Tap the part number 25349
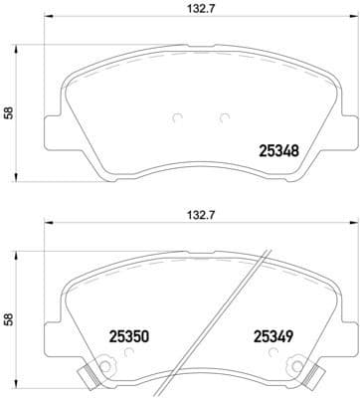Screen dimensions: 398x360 coord(272,337)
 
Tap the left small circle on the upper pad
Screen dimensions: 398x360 coord(176,118)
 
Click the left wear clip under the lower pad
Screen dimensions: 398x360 coord(89,377)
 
